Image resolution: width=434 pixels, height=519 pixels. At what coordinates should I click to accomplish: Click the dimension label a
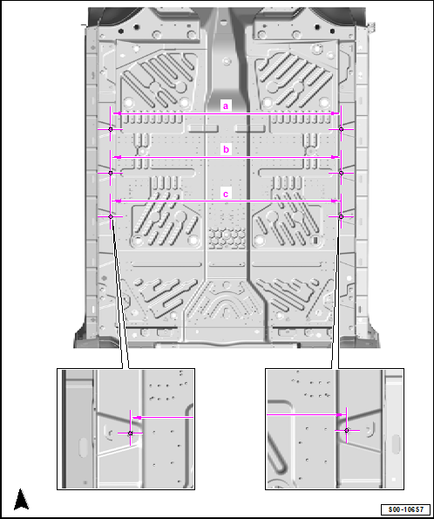(x=226, y=106)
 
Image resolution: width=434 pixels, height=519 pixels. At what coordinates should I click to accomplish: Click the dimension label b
(x=226, y=150)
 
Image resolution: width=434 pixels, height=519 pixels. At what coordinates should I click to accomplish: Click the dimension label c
(x=226, y=194)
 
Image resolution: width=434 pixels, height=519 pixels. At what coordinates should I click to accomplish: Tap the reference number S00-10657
(x=405, y=509)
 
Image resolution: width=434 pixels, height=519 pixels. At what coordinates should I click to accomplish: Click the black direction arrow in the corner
(x=22, y=499)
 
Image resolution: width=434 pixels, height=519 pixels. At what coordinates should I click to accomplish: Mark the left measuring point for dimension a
(x=111, y=129)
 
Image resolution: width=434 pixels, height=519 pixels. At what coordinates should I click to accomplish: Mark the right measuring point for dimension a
(x=342, y=129)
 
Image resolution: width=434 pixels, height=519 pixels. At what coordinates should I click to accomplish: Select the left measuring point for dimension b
(x=111, y=173)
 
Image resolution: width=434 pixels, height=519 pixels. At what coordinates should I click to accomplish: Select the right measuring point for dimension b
(x=342, y=173)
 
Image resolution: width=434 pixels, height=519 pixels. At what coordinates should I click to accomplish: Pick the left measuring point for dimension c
(x=111, y=217)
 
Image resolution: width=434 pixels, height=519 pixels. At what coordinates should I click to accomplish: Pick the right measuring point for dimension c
(x=342, y=217)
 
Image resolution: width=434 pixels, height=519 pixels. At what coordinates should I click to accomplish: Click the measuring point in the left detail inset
(x=131, y=434)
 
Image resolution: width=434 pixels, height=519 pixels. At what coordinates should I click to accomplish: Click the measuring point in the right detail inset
(x=347, y=431)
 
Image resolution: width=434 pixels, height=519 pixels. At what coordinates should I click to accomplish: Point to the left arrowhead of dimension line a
(x=117, y=113)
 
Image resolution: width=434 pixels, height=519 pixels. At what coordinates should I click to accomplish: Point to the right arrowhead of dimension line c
(x=336, y=201)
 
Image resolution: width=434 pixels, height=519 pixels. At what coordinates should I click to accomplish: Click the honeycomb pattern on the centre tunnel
(x=227, y=237)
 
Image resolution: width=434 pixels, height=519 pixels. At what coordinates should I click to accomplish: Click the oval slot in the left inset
(x=83, y=447)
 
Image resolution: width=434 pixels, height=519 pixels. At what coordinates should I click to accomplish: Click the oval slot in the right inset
(x=396, y=444)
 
